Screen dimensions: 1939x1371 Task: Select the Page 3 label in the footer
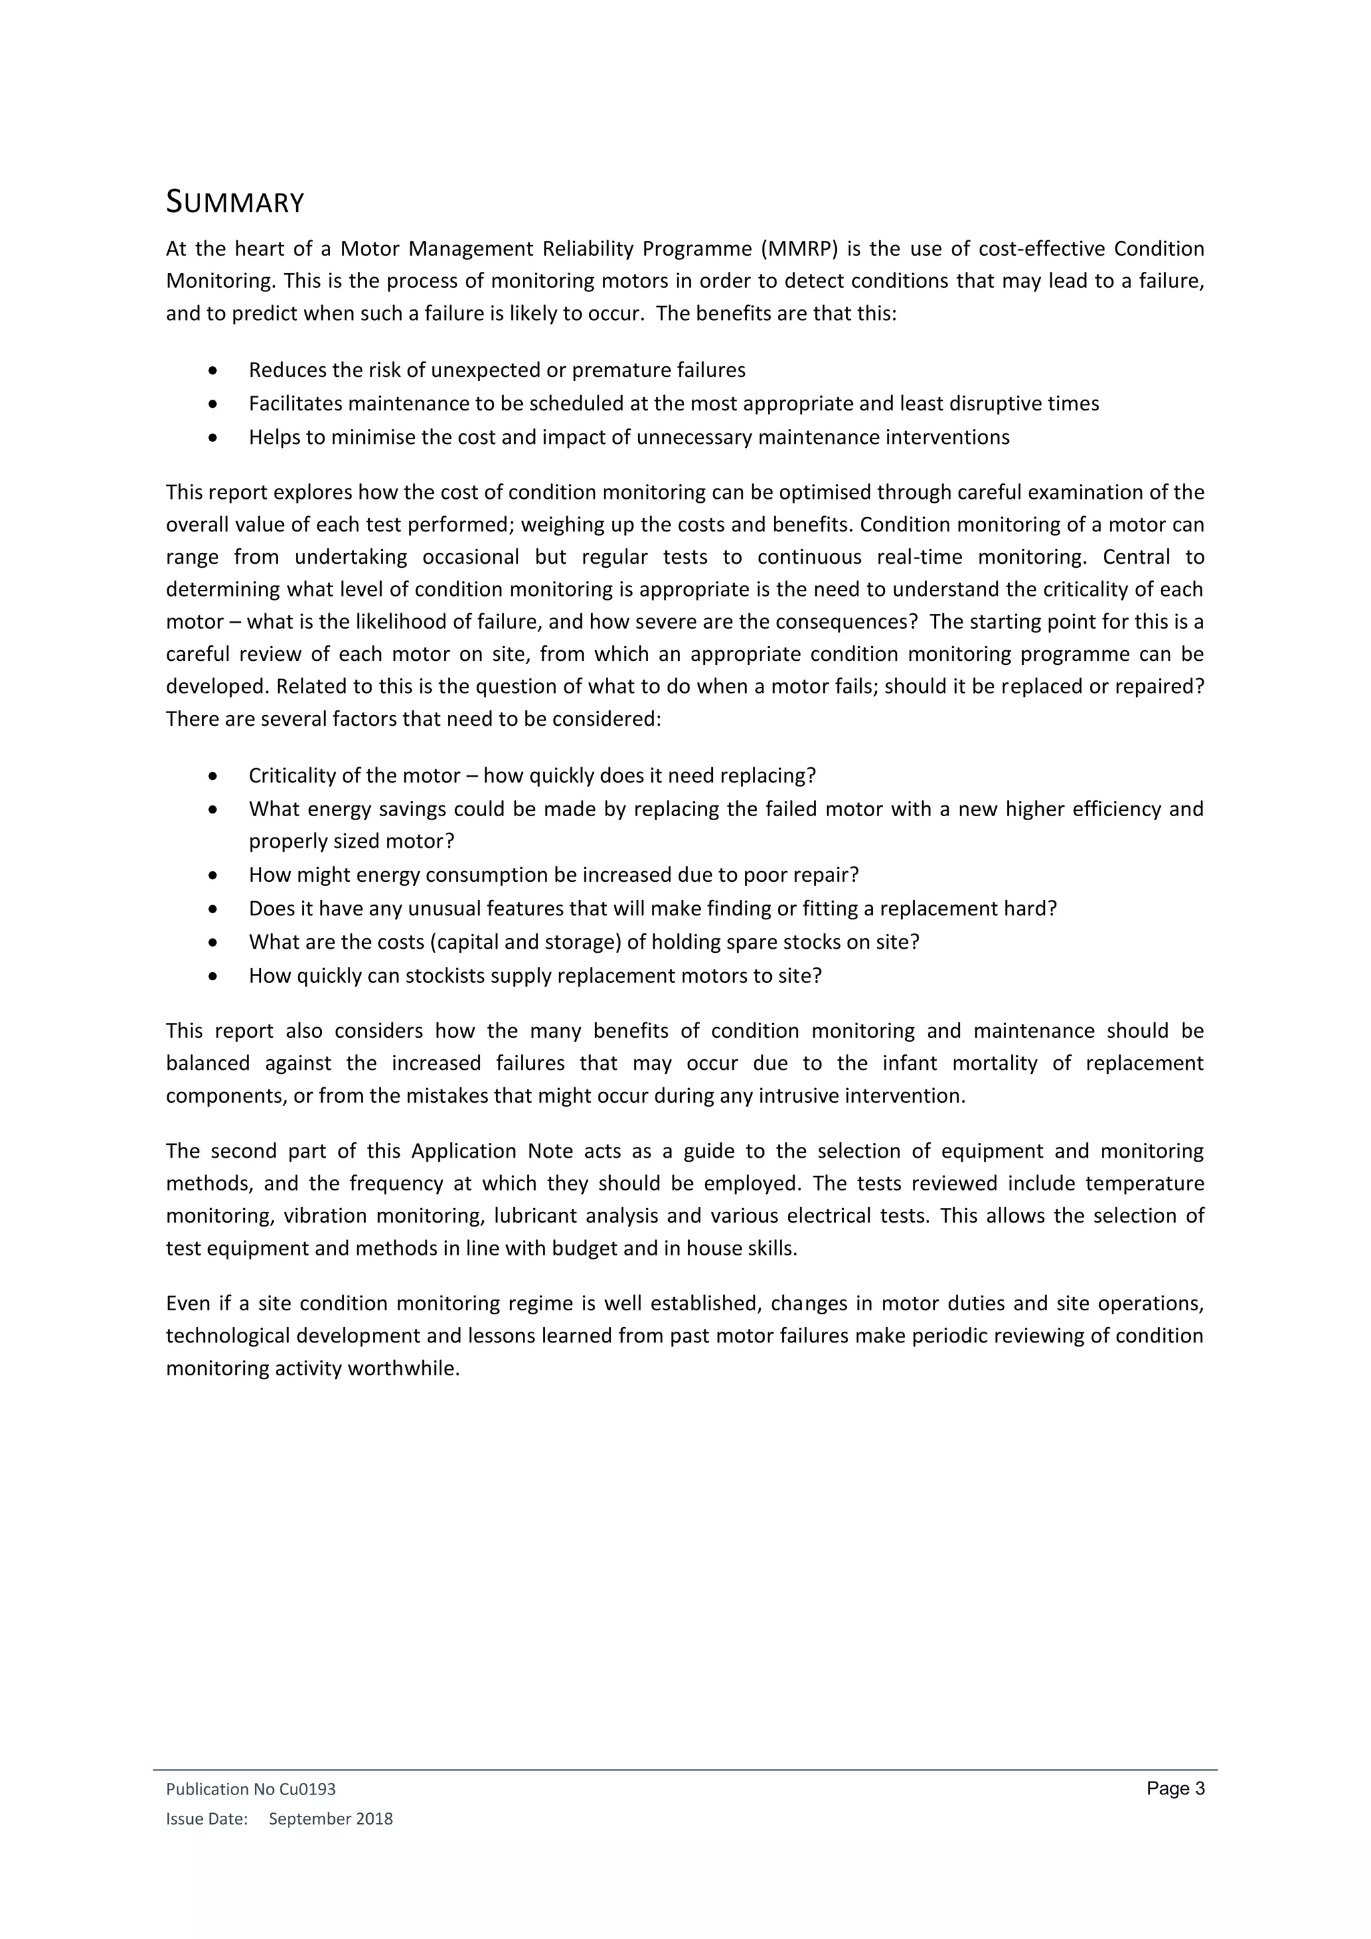1175,1788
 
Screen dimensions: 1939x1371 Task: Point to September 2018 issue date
331,1818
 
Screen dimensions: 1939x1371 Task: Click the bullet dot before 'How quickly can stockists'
213,976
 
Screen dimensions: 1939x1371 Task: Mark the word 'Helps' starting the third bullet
272,437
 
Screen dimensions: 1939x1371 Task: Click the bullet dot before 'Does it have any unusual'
213,909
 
